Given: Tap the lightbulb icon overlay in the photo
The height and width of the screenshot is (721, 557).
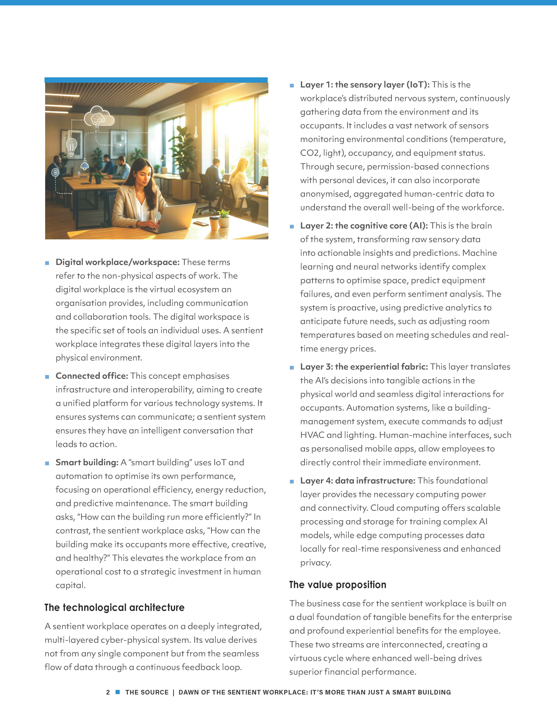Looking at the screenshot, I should [x=72, y=146].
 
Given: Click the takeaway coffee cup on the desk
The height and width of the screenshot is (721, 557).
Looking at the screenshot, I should [x=214, y=223].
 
